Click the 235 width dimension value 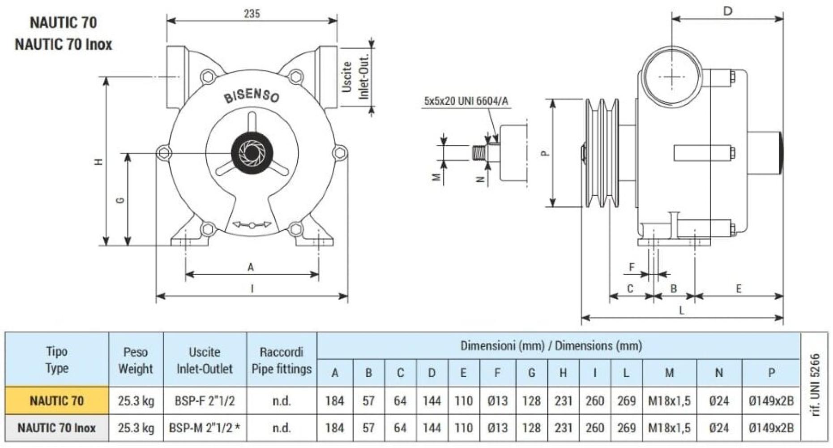coord(252,13)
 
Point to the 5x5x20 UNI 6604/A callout coord(466,101)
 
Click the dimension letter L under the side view coord(682,310)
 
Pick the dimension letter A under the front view coord(251,267)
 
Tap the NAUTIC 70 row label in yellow coord(57,401)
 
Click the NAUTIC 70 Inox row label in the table coord(57,428)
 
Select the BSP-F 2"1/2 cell coord(205,401)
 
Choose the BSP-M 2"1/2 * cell coord(205,428)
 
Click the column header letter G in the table coord(531,373)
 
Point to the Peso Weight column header coord(136,360)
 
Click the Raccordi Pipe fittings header coord(281,360)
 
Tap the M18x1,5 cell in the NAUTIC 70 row coord(669,401)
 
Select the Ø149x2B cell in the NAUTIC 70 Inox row coord(771,428)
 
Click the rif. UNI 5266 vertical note coord(816,385)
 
